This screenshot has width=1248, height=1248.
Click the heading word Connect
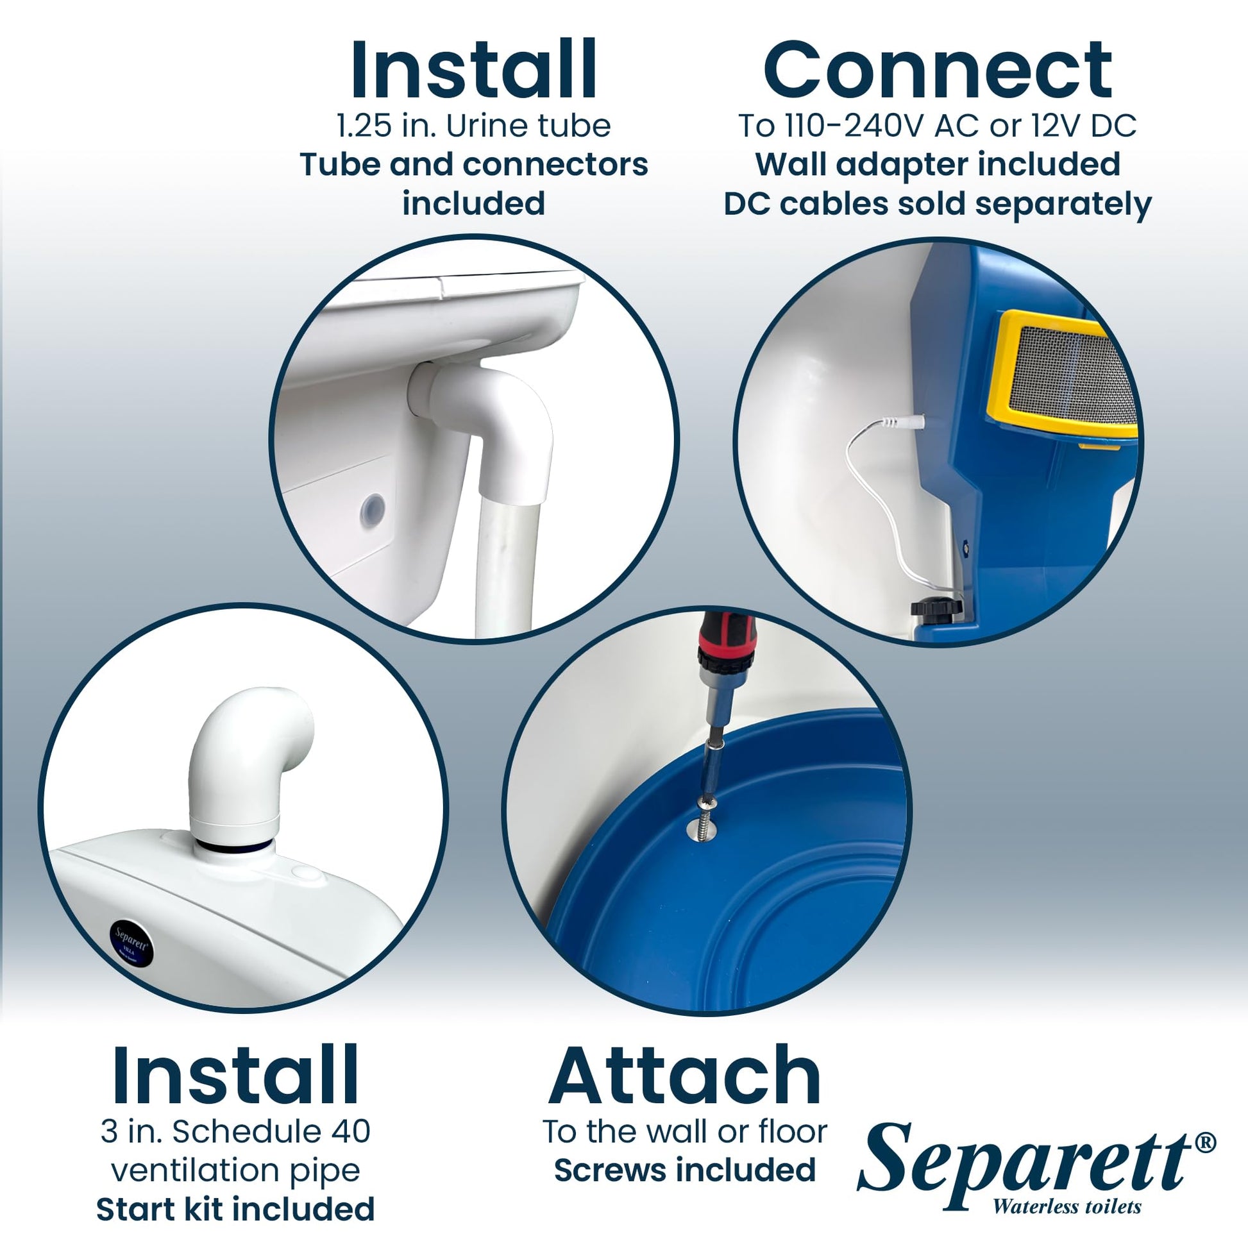click(938, 70)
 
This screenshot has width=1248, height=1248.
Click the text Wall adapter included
click(938, 164)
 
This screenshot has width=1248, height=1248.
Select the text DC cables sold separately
click(938, 204)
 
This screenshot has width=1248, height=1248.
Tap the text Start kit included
click(235, 1209)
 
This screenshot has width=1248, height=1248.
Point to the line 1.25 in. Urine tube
click(473, 125)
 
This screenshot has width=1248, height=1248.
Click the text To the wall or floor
click(685, 1131)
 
